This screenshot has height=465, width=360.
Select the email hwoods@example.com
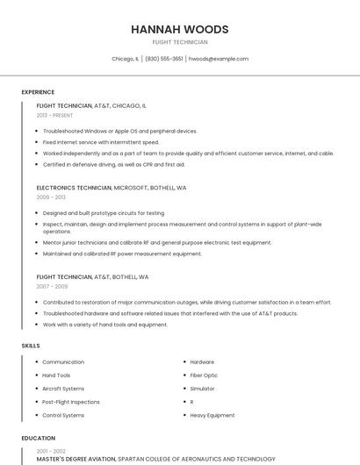coord(219,59)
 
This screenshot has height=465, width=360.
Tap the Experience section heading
coord(38,92)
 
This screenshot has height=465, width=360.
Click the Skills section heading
coord(31,346)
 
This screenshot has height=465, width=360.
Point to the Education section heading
coord(39,438)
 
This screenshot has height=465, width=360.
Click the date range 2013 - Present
coord(54,115)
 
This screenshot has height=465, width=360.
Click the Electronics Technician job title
coord(75,188)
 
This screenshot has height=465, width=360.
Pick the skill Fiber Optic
coord(204,376)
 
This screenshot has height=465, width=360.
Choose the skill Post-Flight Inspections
coord(71,402)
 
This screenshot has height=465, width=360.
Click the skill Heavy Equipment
coord(212,415)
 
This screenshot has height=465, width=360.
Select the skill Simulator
coord(202,389)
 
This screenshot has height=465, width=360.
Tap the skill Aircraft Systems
coord(63,389)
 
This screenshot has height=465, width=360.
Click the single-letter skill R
coord(191,402)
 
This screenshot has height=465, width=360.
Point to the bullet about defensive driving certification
coord(114,164)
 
